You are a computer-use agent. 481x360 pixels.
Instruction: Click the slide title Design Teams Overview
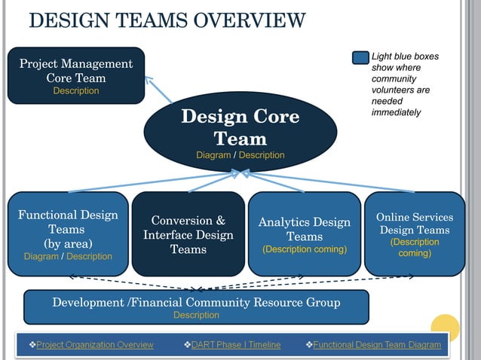[167, 20]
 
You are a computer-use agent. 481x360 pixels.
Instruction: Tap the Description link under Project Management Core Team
[75, 91]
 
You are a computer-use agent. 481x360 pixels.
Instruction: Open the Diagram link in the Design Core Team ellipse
[213, 155]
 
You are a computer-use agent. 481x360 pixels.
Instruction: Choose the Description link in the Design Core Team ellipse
[262, 155]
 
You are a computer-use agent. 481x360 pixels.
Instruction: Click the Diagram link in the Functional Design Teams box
[41, 256]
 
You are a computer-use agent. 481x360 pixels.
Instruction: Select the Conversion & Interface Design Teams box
[188, 234]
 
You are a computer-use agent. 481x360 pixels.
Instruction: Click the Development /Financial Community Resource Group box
[196, 305]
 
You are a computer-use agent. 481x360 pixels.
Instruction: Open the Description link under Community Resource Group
[196, 316]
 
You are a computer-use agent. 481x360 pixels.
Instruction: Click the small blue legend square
[361, 57]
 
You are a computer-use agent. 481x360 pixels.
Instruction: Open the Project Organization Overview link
[94, 345]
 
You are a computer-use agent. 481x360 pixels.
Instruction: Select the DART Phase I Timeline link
[236, 345]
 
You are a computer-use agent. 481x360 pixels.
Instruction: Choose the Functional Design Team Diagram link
[377, 345]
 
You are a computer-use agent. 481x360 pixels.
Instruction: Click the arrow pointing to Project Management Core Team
[158, 88]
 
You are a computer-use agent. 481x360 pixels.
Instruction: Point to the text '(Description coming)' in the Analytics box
[305, 249]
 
